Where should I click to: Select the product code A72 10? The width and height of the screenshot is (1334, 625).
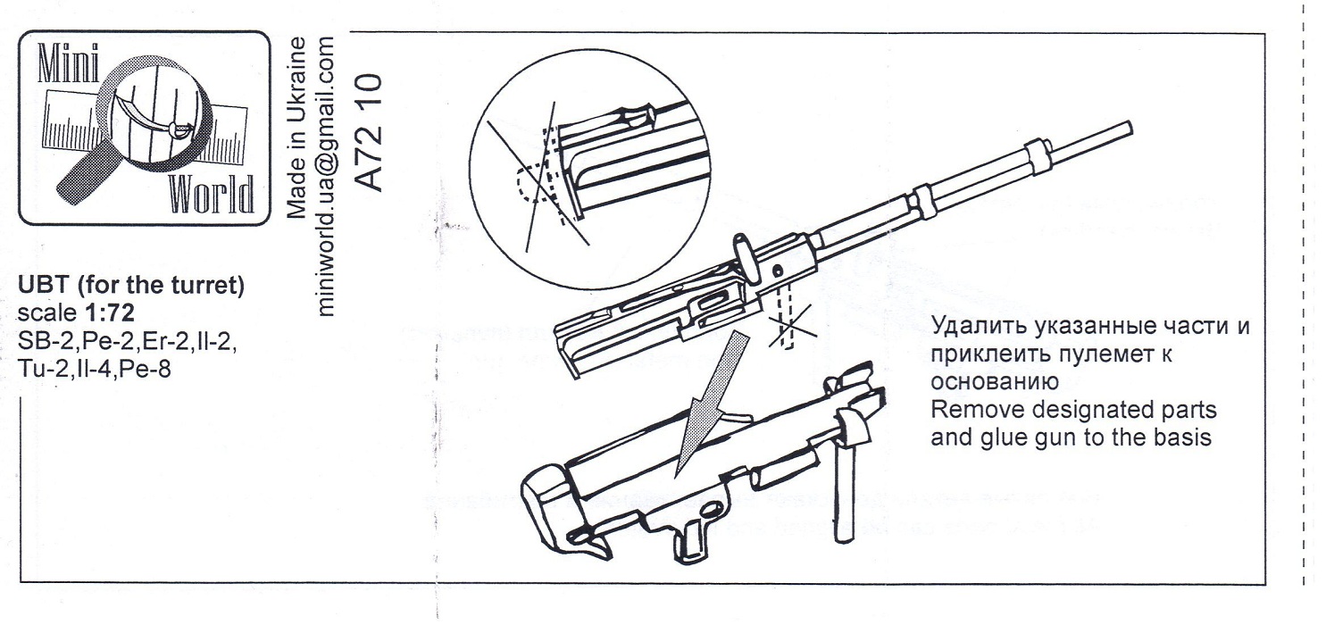pyautogui.click(x=369, y=133)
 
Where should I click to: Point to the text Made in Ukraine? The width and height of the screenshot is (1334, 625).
pyautogui.click(x=300, y=124)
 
